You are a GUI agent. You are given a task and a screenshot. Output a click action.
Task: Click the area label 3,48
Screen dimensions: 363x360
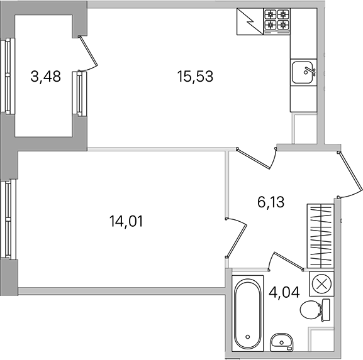(x=45, y=77)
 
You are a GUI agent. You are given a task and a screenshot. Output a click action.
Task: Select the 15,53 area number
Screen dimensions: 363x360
(x=195, y=77)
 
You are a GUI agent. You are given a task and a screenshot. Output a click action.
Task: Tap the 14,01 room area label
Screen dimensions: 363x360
(x=126, y=221)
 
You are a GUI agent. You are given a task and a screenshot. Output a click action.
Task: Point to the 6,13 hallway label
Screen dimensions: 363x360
(x=271, y=202)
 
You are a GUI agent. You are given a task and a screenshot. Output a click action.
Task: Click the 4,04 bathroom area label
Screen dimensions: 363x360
(x=284, y=292)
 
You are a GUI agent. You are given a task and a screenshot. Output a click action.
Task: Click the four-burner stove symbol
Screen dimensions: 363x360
(x=277, y=21)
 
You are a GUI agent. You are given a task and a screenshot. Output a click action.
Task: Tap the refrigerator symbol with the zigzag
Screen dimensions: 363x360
(x=250, y=21)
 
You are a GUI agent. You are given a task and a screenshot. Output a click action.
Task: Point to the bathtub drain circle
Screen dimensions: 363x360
(x=248, y=337)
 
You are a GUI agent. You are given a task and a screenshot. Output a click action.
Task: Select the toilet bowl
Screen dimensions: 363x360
(x=315, y=310)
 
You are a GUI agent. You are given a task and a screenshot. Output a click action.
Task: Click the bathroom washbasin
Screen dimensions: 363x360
(x=281, y=342)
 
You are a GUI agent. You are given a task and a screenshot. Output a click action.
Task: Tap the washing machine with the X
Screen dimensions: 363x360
(x=321, y=284)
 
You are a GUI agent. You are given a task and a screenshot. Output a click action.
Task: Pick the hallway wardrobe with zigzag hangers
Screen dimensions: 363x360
(x=321, y=236)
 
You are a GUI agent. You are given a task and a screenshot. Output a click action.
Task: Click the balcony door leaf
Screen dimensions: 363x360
(x=88, y=51)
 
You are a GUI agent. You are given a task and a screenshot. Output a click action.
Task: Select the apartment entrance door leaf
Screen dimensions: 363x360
(x=350, y=172)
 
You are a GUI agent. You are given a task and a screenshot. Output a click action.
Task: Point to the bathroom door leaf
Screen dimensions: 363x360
(x=289, y=261)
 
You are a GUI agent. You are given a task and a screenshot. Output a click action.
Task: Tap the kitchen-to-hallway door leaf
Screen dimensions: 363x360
(x=254, y=158)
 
